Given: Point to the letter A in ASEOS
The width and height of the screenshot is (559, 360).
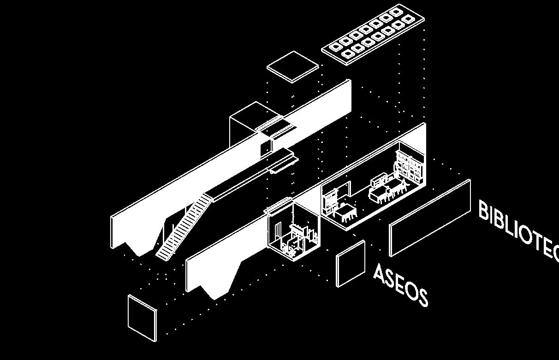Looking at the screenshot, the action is pos(380,274).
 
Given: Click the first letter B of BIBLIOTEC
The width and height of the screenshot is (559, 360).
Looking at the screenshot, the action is pos(484,211).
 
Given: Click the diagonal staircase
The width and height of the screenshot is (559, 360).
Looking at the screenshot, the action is pos(184,226).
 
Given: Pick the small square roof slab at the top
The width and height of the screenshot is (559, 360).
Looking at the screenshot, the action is pos(293,66).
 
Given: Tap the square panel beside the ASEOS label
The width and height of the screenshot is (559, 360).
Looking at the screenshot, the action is pos(351,263).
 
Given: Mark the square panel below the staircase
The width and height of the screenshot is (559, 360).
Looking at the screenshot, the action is pos(142,318).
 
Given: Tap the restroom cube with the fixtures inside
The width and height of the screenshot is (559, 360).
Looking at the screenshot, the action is pos(294,230).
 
